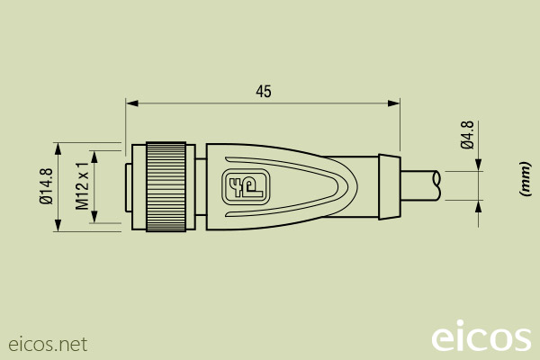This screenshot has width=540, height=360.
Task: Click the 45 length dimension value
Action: pyautogui.click(x=263, y=91)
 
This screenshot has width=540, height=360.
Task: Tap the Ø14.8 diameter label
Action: pyautogui.click(x=46, y=186)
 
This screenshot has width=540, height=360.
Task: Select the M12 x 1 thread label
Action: pyautogui.click(x=82, y=186)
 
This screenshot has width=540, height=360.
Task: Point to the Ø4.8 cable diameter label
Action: pyautogui.click(x=466, y=134)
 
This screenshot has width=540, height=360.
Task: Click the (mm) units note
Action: pyautogui.click(x=522, y=179)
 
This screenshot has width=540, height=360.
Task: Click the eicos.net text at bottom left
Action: pyautogui.click(x=48, y=344)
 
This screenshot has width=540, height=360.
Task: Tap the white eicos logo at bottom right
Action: pyautogui.click(x=481, y=337)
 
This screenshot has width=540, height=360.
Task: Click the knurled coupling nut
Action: pyautogui.click(x=166, y=186)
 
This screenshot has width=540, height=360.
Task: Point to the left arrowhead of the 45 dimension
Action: pyautogui.click(x=131, y=103)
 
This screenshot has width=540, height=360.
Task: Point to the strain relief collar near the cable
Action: pyautogui.click(x=388, y=186)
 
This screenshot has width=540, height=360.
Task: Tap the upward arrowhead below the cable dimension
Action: pyautogui.click(x=477, y=205)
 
